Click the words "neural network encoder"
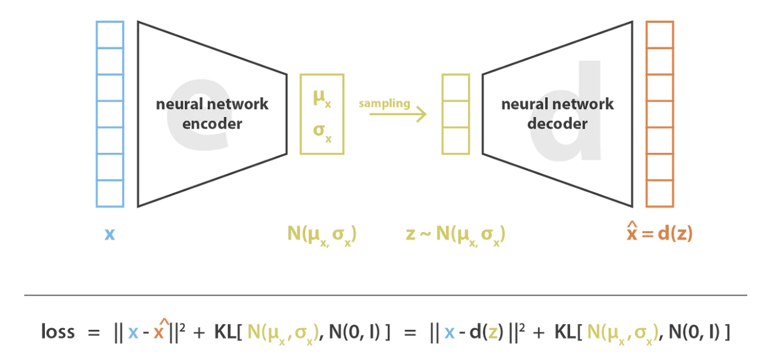pyautogui.click(x=212, y=114)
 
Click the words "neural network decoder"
pyautogui.click(x=557, y=114)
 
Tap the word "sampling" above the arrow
pyautogui.click(x=384, y=103)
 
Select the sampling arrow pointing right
pyautogui.click(x=397, y=114)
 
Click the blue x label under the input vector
pyautogui.click(x=110, y=234)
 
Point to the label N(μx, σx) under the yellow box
pyautogui.click(x=322, y=234)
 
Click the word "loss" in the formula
pyautogui.click(x=58, y=332)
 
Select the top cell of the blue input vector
pyautogui.click(x=110, y=35)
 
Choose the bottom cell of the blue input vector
pyautogui.click(x=110, y=194)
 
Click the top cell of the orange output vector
pyautogui.click(x=659, y=35)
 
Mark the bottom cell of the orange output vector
pyautogui.click(x=659, y=194)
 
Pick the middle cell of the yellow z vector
pyautogui.click(x=456, y=114)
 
